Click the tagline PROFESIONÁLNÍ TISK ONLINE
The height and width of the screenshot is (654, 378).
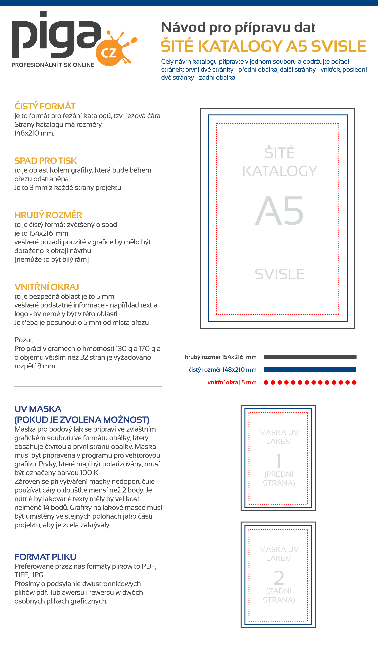point(53,65)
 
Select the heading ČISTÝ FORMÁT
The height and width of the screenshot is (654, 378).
point(45,106)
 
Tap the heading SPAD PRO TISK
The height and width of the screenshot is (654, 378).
point(46,161)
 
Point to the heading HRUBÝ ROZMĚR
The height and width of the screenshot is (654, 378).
point(48,215)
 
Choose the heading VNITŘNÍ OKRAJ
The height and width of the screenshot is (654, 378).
point(46,287)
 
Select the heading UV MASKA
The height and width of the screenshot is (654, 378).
point(38,409)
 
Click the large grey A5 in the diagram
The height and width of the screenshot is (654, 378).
point(279,211)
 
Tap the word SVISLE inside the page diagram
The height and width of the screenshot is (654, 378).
point(279,274)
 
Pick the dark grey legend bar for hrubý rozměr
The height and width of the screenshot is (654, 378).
point(310,357)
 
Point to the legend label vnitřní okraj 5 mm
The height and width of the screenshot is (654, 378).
point(232,383)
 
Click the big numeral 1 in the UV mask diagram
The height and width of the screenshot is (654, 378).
point(279,461)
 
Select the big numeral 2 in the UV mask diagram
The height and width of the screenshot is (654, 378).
point(279,578)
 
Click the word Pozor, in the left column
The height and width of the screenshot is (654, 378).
point(24,340)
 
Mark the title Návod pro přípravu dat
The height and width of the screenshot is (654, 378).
point(238,27)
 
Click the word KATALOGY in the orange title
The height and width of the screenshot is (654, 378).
point(240,46)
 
